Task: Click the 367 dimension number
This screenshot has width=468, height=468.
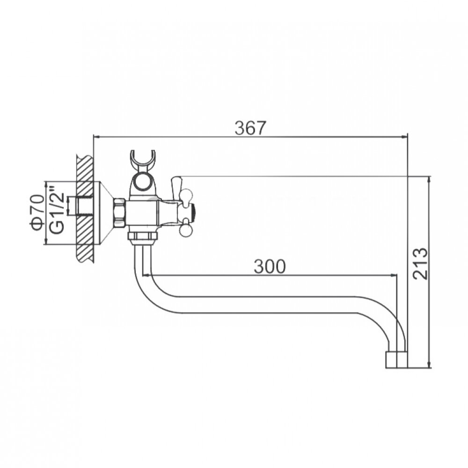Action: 250,128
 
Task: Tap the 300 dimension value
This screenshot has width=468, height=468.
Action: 270,266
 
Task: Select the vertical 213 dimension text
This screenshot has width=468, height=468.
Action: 420,263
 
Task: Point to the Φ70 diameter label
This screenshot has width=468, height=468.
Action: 37,212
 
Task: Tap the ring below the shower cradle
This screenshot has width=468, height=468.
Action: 142,182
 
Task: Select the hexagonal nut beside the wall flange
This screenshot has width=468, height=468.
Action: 119,212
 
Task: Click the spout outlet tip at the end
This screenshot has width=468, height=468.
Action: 396,359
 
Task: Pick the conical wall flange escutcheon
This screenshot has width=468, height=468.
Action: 102,212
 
